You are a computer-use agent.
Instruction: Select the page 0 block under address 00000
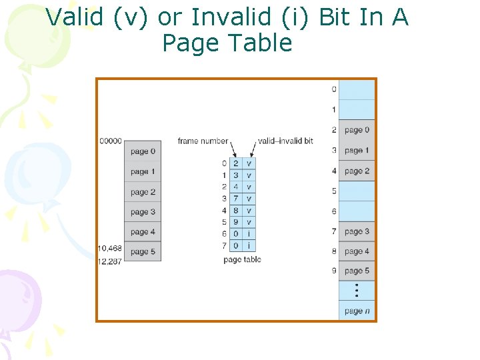(143, 151)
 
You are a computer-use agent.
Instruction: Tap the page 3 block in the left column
(143, 212)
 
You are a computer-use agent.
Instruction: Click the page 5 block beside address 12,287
(143, 252)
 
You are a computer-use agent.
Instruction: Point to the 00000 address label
(110, 141)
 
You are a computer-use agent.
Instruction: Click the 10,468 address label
(110, 248)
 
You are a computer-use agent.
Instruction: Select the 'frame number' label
(202, 141)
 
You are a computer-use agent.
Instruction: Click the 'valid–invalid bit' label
(285, 141)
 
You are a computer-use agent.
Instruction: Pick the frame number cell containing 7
(235, 199)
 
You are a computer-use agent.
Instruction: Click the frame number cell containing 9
(235, 222)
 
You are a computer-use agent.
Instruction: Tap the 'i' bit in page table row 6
(249, 234)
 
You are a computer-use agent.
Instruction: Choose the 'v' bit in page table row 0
(249, 163)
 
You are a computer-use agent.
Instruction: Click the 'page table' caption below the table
(242, 259)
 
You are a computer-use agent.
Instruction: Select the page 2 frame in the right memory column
(357, 171)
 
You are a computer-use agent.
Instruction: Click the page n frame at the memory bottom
(357, 311)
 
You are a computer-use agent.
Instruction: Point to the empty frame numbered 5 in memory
(357, 191)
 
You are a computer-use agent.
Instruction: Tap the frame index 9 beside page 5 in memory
(333, 271)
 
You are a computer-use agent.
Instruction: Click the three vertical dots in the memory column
(357, 290)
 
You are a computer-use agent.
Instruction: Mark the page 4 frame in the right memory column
(357, 251)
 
